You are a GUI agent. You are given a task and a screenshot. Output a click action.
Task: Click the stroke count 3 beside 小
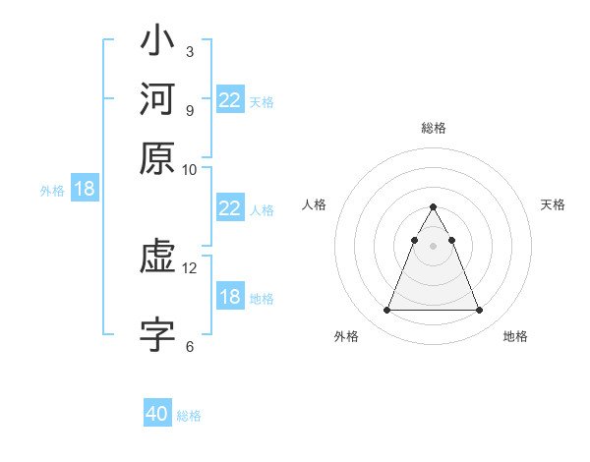tap(189, 51)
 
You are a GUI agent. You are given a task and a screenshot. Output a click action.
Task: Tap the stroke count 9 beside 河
tap(189, 109)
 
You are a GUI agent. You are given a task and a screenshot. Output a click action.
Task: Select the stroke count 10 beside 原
tap(189, 169)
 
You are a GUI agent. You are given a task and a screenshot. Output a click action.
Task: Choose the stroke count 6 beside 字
tap(189, 346)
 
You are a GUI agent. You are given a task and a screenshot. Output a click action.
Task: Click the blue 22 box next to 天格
tap(229, 100)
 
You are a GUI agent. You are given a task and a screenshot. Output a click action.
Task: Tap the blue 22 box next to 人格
tap(229, 208)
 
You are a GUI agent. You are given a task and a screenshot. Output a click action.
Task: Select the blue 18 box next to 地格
tap(229, 298)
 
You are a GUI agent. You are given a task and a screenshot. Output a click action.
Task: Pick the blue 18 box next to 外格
tap(85, 190)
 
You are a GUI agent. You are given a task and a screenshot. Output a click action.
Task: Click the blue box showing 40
tap(157, 414)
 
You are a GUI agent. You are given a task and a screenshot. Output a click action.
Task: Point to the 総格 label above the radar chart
tap(433, 128)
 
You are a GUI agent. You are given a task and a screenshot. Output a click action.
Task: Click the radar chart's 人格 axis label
tap(315, 204)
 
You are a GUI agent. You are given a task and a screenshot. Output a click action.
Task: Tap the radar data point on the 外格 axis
tap(386, 311)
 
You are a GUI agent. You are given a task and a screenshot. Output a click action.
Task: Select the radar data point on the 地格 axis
tap(479, 311)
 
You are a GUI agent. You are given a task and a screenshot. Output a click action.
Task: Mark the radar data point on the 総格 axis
tap(433, 207)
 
